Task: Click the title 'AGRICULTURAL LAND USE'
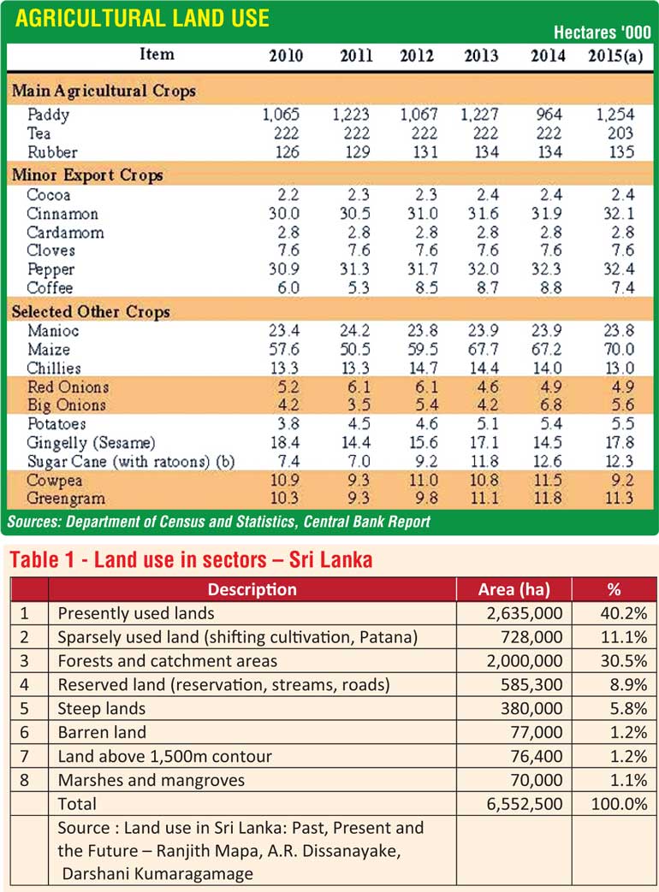tap(143, 19)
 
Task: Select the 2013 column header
tap(481, 56)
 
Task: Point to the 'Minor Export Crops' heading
tap(87, 175)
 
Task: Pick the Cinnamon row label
tap(62, 214)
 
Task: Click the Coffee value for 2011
tap(356, 289)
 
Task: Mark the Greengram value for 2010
tap(285, 499)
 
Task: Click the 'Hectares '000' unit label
tap(602, 33)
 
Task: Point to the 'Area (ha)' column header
tap(514, 589)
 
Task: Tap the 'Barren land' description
tap(102, 732)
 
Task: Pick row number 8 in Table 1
tap(24, 780)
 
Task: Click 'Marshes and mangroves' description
tap(151, 780)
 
